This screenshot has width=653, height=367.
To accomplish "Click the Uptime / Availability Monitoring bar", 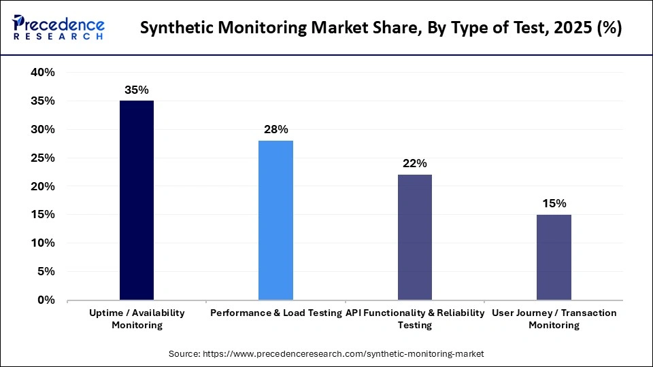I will [137, 200].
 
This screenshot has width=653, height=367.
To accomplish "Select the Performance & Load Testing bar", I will [275, 220].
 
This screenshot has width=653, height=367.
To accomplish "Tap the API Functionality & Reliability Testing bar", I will [414, 237].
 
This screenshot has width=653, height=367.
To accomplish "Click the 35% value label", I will [137, 90].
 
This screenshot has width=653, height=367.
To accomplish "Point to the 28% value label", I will [275, 129].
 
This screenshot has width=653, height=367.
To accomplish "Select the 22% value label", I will [414, 163].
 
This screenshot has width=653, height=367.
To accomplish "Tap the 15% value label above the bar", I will [554, 203].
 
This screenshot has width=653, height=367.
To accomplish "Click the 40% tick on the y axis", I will [41, 73].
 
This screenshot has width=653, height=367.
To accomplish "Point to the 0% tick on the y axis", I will [45, 300].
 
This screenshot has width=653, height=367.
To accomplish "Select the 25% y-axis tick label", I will [41, 158].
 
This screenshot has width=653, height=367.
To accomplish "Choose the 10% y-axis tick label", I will [41, 243].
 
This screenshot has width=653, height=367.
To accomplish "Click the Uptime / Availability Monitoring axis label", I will [137, 319].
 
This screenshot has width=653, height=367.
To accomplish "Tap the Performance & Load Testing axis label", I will [275, 313].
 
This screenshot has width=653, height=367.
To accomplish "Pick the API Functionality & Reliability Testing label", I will [415, 319].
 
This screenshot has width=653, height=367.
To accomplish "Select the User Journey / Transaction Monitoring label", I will [554, 319].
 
